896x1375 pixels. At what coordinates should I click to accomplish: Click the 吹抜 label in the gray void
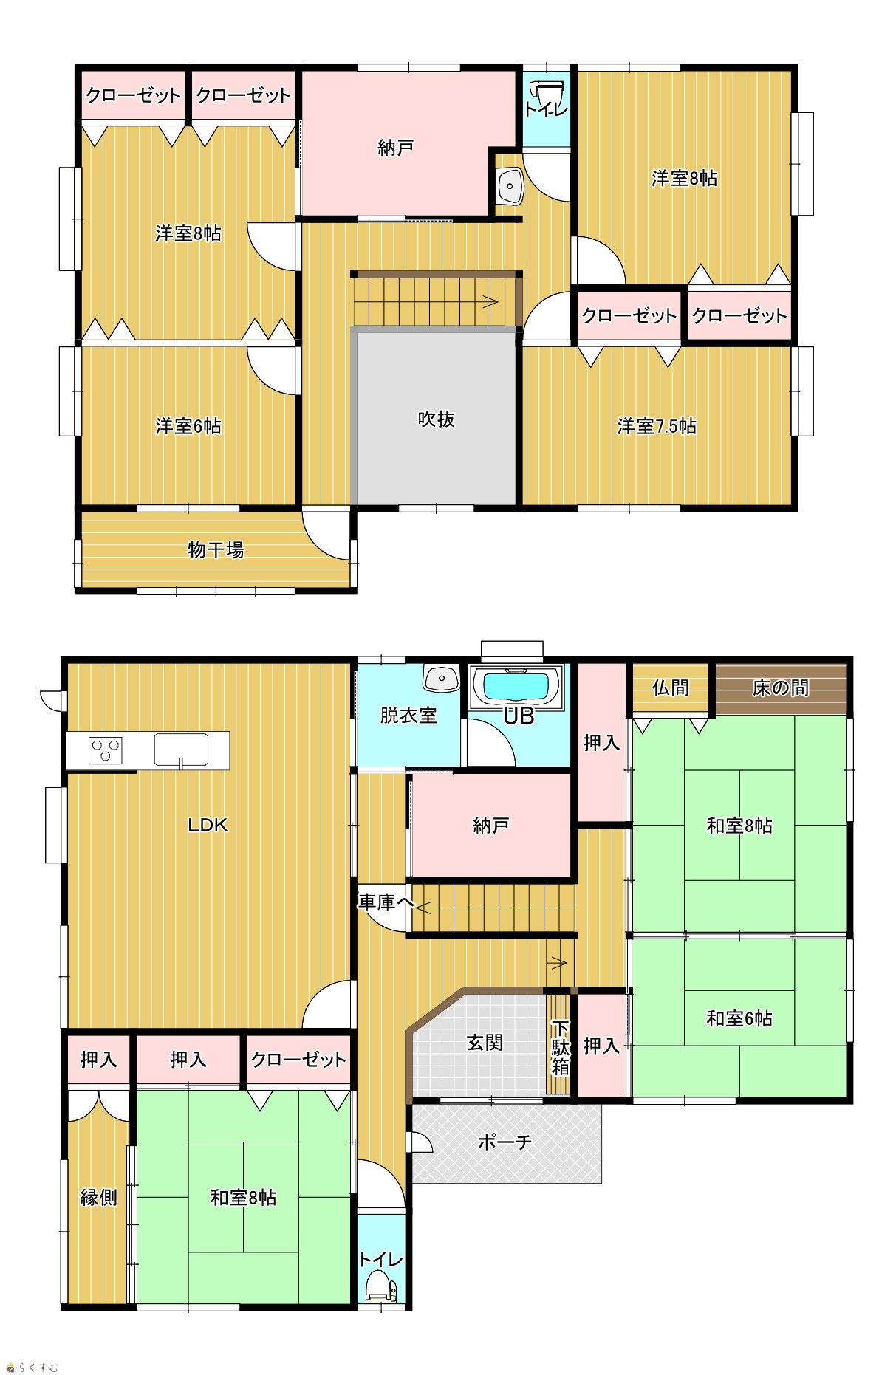[436, 419]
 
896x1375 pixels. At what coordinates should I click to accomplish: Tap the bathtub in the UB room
[516, 687]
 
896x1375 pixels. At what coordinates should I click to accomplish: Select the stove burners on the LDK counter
[105, 750]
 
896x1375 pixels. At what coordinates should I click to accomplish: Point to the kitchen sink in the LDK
[181, 750]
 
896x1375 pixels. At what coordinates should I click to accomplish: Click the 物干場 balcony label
[216, 550]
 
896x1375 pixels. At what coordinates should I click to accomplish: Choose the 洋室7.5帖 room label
[657, 426]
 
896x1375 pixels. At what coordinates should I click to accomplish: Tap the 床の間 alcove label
[781, 688]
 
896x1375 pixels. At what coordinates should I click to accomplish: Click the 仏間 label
[671, 688]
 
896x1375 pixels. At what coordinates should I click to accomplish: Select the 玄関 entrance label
[485, 1043]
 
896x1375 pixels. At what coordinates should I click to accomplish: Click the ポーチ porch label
[505, 1142]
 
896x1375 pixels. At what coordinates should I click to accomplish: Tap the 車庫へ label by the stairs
[386, 902]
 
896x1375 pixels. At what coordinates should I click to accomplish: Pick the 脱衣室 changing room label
[408, 715]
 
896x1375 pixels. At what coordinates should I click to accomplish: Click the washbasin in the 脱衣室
[442, 677]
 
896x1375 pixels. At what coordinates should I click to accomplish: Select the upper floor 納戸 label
[395, 148]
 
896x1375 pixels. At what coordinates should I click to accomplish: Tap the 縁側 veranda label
[99, 1197]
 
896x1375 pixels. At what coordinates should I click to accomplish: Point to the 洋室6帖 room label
[188, 426]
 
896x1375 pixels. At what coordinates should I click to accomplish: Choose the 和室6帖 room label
[739, 1019]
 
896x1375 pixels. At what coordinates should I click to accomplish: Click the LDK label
[208, 825]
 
